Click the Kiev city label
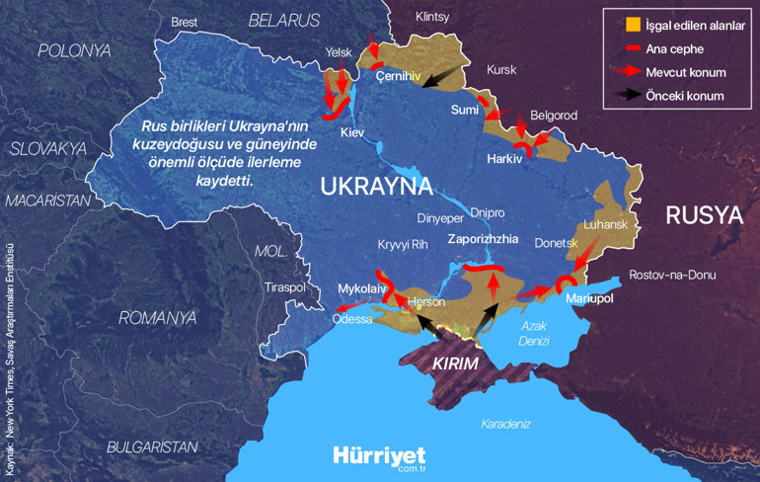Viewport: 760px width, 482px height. tap(351, 132)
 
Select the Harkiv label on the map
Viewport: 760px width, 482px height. tap(504, 158)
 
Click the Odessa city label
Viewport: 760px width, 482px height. tap(352, 319)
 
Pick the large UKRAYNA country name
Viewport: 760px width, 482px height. tap(377, 187)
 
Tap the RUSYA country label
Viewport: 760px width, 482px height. tap(703, 215)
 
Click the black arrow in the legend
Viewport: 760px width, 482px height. tap(619, 96)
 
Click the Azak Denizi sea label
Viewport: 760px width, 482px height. tap(534, 333)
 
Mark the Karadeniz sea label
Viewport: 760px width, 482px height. tap(505, 424)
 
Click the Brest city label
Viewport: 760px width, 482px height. tap(185, 22)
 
